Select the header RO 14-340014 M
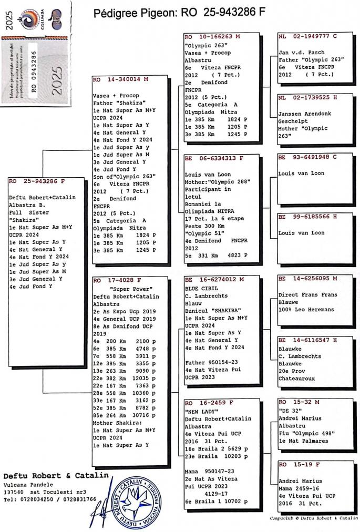(x=121, y=80)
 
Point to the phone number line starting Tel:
(x=50, y=499)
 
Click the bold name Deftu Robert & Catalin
(x=56, y=475)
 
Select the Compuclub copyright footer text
(x=313, y=518)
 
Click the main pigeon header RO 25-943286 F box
(x=37, y=181)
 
